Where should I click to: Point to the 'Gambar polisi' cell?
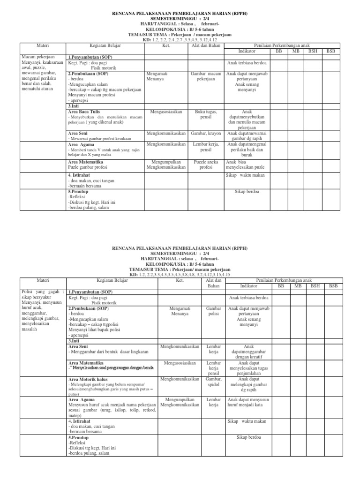coord(214,312)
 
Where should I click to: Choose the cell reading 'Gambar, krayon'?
coord(206,134)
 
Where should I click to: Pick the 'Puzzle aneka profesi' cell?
coord(206,165)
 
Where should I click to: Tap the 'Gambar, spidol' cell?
coord(214,381)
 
